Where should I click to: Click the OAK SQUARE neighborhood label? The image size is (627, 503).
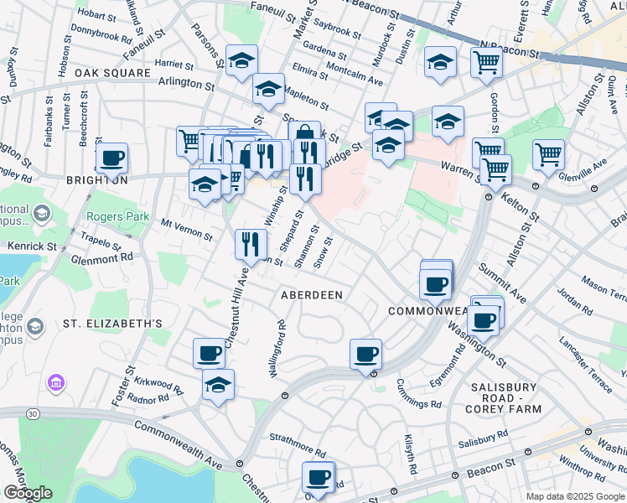pyautogui.click(x=106, y=73)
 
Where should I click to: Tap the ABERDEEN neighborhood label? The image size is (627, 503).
pyautogui.click(x=312, y=295)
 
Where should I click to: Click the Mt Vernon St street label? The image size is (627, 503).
pyautogui.click(x=186, y=229)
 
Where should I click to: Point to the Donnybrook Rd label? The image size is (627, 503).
pyautogui.click(x=102, y=39)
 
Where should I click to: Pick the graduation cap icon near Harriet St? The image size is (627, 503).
pyautogui.click(x=241, y=60)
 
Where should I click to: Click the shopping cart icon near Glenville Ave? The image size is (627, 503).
pyautogui.click(x=548, y=153)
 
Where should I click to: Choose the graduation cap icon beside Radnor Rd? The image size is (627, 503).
pyautogui.click(x=218, y=385)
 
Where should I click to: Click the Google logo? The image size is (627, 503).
pyautogui.click(x=28, y=493)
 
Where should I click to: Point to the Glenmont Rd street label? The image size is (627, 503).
pyautogui.click(x=103, y=259)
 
